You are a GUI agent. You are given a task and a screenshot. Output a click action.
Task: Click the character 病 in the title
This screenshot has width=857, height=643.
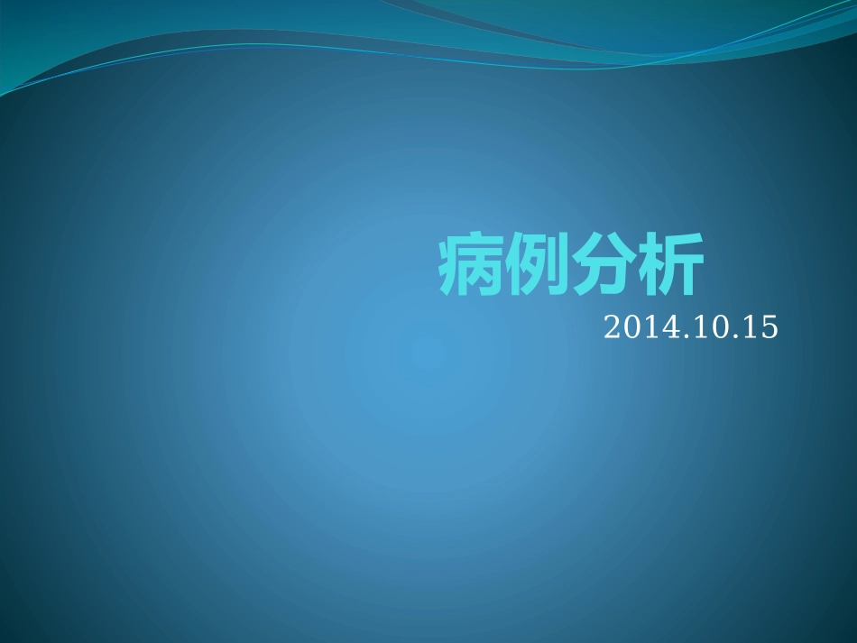coord(471,267)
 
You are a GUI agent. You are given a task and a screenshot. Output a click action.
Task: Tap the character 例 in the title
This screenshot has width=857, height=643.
coord(537,267)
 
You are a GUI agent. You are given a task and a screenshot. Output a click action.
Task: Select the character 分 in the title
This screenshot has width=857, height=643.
coord(603,267)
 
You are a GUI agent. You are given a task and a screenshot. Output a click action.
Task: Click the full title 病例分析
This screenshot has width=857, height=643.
coord(570,267)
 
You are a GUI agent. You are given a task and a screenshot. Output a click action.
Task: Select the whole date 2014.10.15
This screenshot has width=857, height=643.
coord(690,327)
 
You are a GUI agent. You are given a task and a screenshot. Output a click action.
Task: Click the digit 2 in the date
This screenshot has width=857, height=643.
coord(612,327)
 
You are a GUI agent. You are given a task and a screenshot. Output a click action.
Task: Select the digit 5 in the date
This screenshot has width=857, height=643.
coord(768,327)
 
